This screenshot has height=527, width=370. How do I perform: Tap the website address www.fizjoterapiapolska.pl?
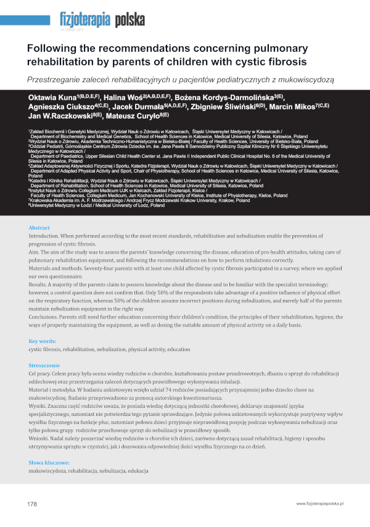(319, 504)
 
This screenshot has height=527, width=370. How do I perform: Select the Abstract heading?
(39, 228)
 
